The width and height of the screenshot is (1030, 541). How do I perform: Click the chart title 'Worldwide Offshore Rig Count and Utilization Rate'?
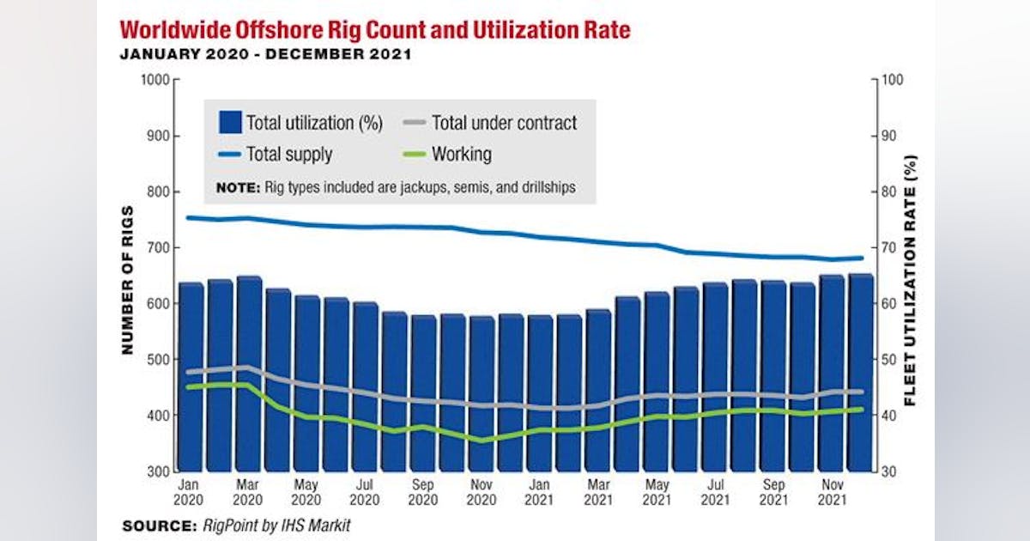coord(375,31)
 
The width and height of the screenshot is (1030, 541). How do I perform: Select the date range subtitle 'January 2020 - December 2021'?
coord(266,54)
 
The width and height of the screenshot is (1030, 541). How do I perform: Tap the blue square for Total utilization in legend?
coord(229,123)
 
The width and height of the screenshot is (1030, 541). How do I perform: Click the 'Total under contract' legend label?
coord(504,123)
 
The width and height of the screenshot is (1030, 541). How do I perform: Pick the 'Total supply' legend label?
coord(288,155)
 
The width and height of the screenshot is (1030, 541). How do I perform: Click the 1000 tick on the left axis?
coord(154,80)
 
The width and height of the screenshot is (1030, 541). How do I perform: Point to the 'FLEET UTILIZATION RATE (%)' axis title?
coord(911,280)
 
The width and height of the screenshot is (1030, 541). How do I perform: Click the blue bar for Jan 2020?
coord(191,378)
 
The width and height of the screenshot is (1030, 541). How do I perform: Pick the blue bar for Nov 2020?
coord(482,395)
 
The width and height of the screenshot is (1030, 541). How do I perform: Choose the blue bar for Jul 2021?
coord(715,378)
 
